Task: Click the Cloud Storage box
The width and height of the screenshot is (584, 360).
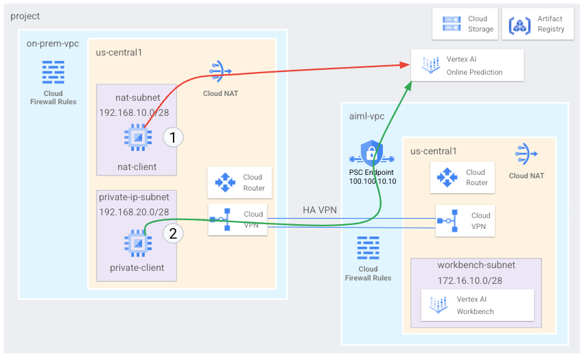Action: [x=465, y=24]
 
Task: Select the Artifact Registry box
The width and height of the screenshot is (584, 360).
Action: [x=537, y=24]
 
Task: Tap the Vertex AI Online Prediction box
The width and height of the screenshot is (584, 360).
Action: [x=467, y=66]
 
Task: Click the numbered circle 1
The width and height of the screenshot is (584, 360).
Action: [x=173, y=137]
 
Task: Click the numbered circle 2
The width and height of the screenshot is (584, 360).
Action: [x=173, y=233]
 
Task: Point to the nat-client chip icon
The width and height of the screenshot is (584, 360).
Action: [x=137, y=137]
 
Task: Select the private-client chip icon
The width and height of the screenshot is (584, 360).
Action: [x=137, y=242]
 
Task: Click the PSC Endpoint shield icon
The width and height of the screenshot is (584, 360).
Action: [x=371, y=153]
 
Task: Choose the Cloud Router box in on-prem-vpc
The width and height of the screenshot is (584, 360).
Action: [x=240, y=182]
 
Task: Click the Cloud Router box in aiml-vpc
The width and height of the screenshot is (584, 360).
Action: [x=463, y=178]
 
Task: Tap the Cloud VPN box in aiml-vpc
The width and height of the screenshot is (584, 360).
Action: [x=465, y=220]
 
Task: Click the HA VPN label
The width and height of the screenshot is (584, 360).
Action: [x=320, y=210]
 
